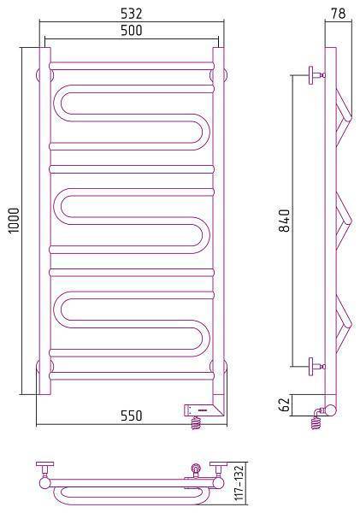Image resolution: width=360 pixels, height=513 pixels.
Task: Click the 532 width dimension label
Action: tap(132, 14)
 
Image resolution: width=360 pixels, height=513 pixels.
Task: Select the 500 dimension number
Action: tap(132, 31)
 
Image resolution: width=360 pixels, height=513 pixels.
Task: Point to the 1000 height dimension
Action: tap(15, 221)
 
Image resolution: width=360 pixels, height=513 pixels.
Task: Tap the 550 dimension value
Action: tap(132, 416)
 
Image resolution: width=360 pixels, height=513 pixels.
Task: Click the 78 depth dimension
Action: tap(339, 14)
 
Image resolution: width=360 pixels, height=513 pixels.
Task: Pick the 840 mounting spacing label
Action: tap(284, 221)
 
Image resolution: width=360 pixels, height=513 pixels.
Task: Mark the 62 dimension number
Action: tap(285, 405)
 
